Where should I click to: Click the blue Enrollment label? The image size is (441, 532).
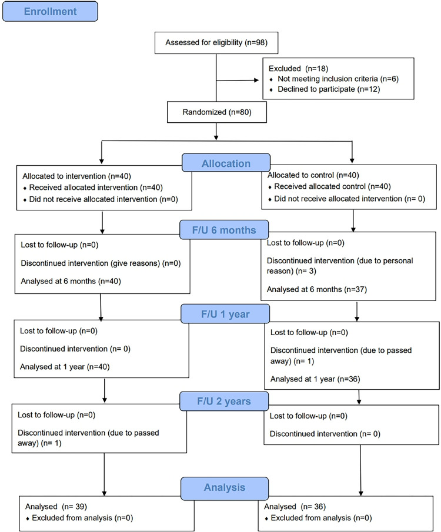[x=50, y=12]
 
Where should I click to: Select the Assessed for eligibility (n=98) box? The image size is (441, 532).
[x=216, y=43]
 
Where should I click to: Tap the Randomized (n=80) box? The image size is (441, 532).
[x=216, y=112]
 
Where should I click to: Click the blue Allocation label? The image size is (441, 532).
[x=226, y=163]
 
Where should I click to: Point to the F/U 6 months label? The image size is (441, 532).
[x=224, y=230]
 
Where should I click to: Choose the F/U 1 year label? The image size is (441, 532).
[x=225, y=314]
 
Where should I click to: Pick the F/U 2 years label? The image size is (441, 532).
[x=224, y=401]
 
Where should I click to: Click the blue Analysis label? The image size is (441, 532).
[x=225, y=487]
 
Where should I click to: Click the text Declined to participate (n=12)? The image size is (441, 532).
[x=329, y=89]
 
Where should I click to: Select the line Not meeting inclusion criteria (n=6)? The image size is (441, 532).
[x=338, y=79]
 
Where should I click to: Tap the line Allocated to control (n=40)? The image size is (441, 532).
[x=313, y=175]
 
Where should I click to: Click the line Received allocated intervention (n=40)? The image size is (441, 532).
[x=96, y=188]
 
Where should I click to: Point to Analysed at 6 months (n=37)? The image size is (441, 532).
[x=317, y=289]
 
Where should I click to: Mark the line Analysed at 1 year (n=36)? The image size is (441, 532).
[x=315, y=379]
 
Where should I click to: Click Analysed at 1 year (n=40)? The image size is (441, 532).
[x=65, y=367]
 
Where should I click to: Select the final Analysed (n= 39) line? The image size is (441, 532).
[x=56, y=507]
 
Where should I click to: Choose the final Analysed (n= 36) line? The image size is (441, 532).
[x=295, y=507]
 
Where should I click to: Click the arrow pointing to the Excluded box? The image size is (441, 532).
[x=238, y=81]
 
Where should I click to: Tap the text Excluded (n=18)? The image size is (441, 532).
[x=299, y=69]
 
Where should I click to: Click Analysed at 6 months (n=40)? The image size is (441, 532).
[x=71, y=281]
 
